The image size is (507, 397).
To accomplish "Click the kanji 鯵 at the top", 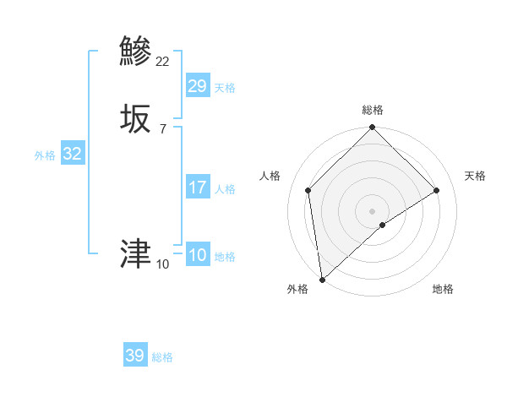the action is point(136,51).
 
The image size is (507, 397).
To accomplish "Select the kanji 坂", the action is point(136,118).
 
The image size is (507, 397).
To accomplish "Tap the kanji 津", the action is point(136,253).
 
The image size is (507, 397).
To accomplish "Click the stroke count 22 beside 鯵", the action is point(162,61).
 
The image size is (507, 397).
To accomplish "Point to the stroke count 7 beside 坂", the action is point(162,128).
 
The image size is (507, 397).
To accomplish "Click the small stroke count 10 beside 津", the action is point(162,264).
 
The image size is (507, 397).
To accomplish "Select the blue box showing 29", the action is point(197,85).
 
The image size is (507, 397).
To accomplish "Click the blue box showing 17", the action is point(197,188).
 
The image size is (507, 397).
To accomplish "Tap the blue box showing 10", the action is point(197,255).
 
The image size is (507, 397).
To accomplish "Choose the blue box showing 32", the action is point(72,154).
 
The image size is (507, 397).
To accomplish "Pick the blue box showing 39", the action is point(135,356).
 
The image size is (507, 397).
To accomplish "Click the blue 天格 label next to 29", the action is point(224,88).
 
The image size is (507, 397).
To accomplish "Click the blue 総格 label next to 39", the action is point(162,358).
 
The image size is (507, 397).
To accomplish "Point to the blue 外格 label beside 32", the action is point(45,155).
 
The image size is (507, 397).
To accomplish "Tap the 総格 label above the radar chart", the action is point(372,110).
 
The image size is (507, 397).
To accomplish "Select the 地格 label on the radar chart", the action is point(443,289).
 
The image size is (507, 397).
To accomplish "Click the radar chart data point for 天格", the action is point(437,190).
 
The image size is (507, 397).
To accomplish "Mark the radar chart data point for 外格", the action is point(321,280).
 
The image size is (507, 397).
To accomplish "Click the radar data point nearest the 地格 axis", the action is point(383,225).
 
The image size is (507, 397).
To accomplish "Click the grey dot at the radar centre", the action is point(372,210).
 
